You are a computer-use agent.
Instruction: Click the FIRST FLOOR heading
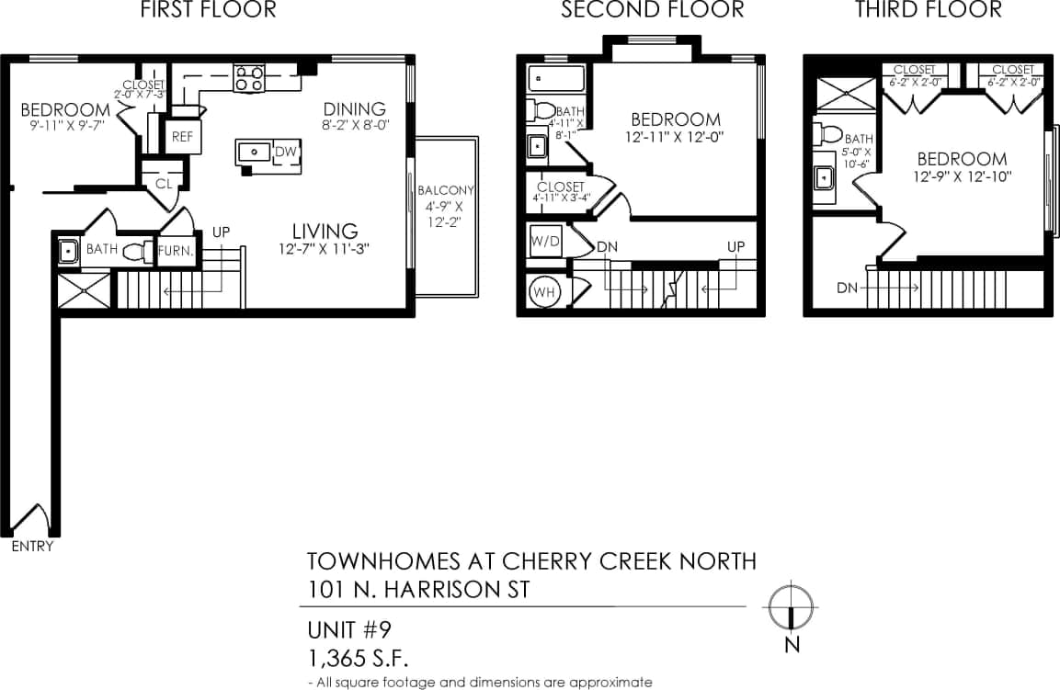coord(208,11)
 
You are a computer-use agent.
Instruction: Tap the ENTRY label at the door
coord(32,547)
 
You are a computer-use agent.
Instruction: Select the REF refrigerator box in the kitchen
coord(180,137)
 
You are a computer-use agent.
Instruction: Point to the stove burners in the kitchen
coord(249,77)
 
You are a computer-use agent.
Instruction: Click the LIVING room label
coord(325,231)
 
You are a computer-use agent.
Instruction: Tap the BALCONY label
coord(446,190)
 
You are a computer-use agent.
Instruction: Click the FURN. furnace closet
coord(175,250)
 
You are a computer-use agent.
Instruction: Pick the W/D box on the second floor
coord(545,243)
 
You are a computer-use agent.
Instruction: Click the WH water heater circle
coord(543,293)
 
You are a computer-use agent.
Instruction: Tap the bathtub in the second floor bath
coord(557,78)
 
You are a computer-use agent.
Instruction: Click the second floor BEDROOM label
coord(676,119)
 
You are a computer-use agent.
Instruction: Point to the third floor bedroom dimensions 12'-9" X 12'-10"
coord(962,176)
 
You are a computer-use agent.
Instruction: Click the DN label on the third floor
coord(848,288)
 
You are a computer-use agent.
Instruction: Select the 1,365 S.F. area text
coord(358,659)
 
